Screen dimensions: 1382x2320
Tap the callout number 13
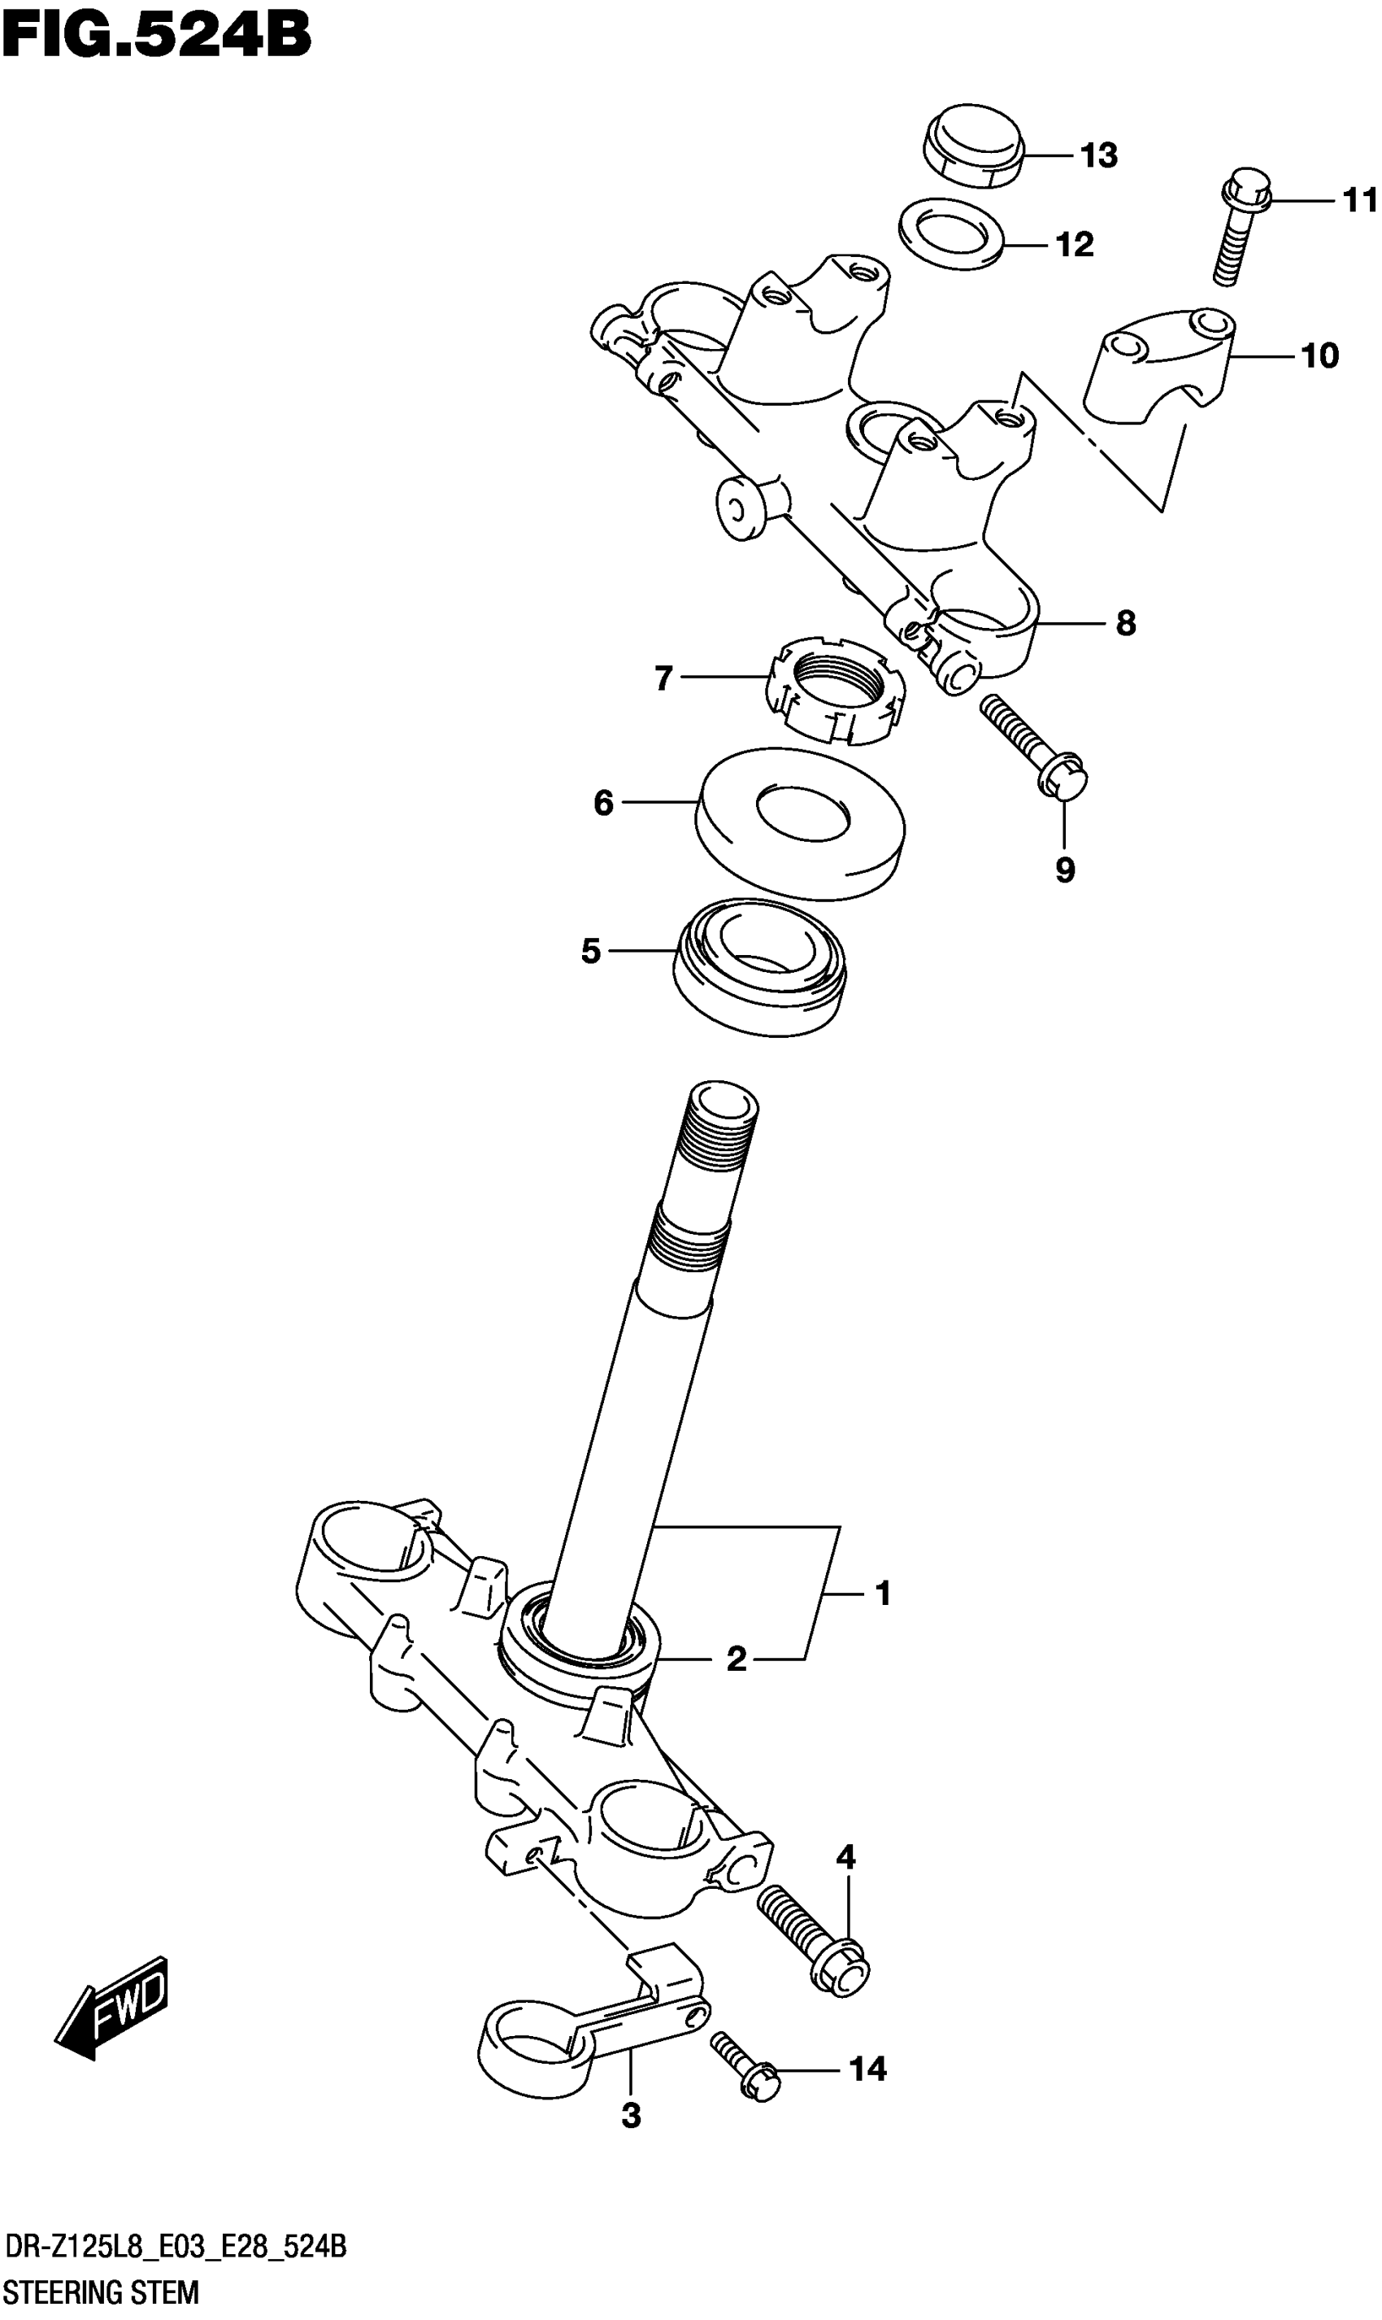(1099, 155)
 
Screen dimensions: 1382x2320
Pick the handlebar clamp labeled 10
(1159, 368)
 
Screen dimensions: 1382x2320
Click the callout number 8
(1126, 622)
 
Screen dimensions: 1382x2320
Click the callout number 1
(883, 1594)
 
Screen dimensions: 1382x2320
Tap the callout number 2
(736, 1659)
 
